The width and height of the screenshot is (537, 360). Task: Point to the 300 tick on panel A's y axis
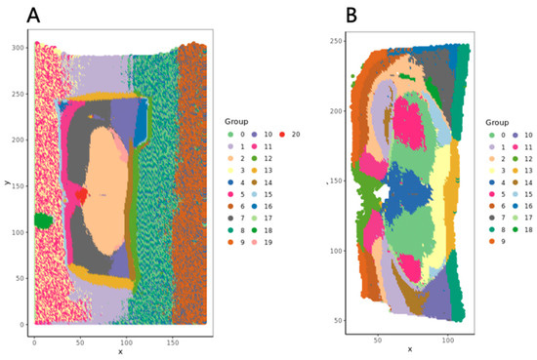pyautogui.click(x=21, y=47)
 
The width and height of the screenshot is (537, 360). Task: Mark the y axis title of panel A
pyautogui.click(x=6, y=182)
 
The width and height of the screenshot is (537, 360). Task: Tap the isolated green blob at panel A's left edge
pyautogui.click(x=42, y=220)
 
